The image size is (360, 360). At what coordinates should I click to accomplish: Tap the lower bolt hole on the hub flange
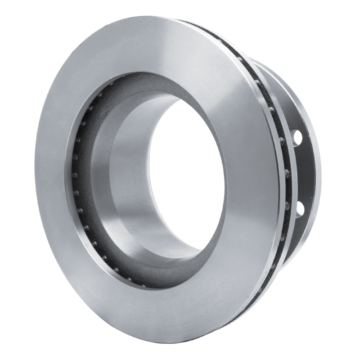pos(299,208)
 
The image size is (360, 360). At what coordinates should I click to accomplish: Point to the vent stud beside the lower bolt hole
pos(286,205)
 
